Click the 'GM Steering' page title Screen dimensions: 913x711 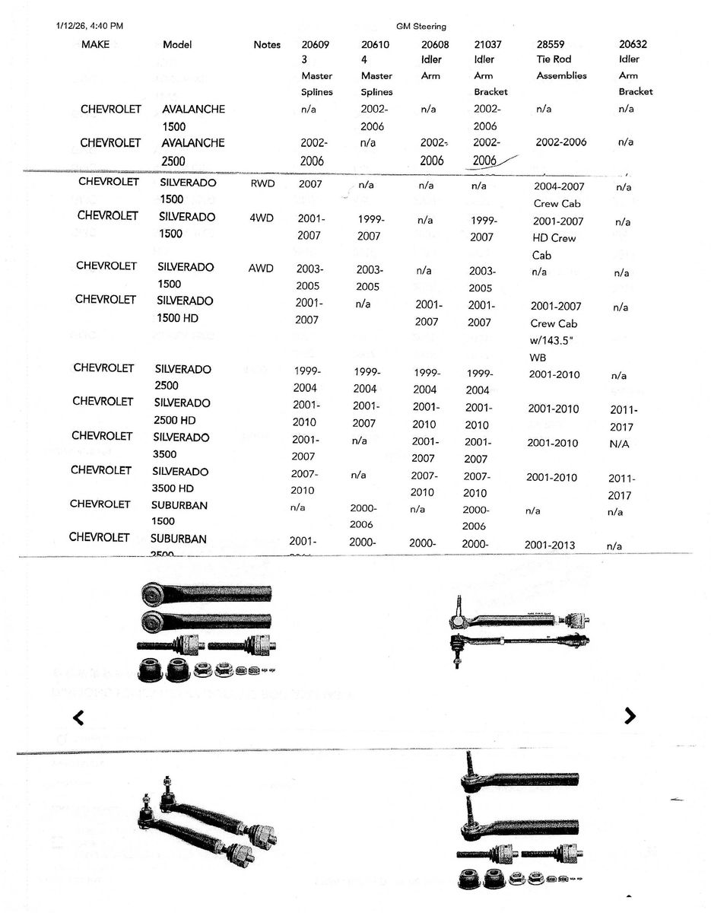pyautogui.click(x=421, y=27)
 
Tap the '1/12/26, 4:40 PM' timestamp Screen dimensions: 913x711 pyautogui.click(x=90, y=26)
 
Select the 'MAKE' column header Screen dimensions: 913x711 pyautogui.click(x=95, y=44)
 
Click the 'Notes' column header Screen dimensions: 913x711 pyautogui.click(x=267, y=45)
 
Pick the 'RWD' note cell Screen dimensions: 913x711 pyautogui.click(x=262, y=183)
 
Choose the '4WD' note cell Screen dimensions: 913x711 pyautogui.click(x=261, y=217)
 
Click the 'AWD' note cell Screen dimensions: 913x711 pyautogui.click(x=261, y=268)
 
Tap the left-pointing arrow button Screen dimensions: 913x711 pyautogui.click(x=78, y=717)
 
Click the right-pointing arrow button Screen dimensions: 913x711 pyautogui.click(x=630, y=715)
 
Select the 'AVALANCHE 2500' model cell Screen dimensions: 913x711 pyautogui.click(x=193, y=151)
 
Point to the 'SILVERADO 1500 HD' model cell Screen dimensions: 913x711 pyautogui.click(x=185, y=310)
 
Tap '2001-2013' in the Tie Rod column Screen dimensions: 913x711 pyautogui.click(x=550, y=545)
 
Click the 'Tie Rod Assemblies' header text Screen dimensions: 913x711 pyautogui.click(x=560, y=67)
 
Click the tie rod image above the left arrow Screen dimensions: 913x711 pyautogui.click(x=206, y=631)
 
